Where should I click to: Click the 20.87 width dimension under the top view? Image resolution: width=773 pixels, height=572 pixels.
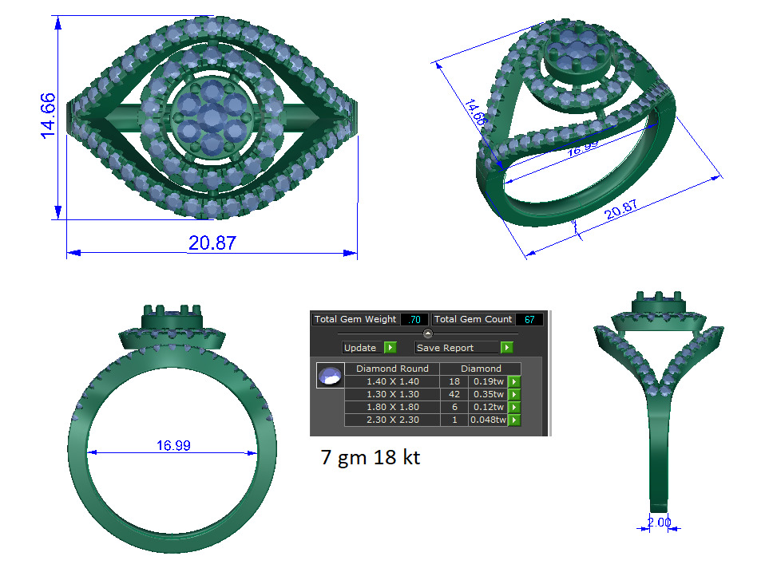point(212,243)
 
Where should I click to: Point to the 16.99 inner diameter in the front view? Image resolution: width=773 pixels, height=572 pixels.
point(173,445)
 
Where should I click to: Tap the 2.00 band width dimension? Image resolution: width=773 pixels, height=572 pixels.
point(659,523)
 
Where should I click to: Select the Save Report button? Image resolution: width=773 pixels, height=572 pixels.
point(463,348)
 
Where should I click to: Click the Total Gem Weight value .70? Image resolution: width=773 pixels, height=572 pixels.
point(414,319)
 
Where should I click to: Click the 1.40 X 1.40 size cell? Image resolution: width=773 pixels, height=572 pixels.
point(392,381)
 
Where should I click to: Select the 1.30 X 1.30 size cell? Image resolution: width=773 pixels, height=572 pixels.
point(392,394)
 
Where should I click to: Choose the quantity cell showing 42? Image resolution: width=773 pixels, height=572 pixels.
point(454,394)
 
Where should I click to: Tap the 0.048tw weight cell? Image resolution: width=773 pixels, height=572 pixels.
point(487,420)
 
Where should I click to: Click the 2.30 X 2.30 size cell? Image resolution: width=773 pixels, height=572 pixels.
point(392,420)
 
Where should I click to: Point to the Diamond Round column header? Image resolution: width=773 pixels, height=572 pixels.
point(392,369)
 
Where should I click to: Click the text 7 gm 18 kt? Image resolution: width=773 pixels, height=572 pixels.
point(370,458)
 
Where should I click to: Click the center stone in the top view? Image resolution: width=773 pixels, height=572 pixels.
point(211,119)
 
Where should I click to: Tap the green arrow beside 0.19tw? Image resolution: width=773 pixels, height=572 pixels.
point(514,381)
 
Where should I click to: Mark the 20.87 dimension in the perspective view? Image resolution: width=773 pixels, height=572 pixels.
point(622,210)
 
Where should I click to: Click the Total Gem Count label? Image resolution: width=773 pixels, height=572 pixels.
point(474,319)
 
